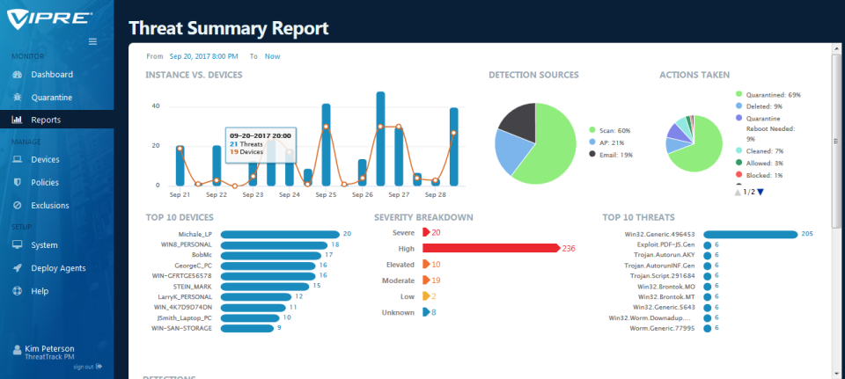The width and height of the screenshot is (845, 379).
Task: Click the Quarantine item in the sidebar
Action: tap(50, 97)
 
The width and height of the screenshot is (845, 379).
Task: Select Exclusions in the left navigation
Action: tap(51, 205)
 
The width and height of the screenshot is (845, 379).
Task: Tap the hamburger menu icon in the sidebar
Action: tap(93, 41)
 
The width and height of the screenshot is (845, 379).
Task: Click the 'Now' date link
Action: tap(273, 55)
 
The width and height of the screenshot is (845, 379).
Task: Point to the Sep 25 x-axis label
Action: tap(326, 194)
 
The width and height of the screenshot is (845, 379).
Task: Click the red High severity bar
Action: tap(493, 248)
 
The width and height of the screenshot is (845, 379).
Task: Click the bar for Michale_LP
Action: tap(280, 234)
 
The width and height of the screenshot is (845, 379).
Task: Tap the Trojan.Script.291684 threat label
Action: tap(658, 275)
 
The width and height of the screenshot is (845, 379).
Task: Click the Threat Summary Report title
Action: tap(228, 28)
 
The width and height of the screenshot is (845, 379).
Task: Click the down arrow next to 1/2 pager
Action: tap(760, 192)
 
